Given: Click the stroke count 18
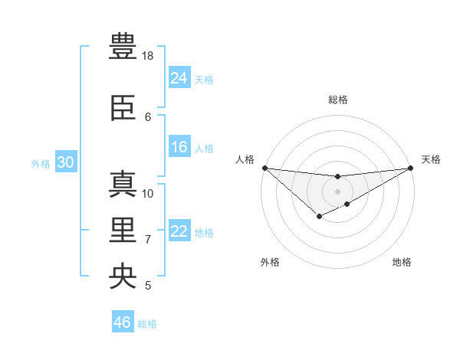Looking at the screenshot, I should pos(149,56).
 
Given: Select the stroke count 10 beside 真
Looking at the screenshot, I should pos(149,193).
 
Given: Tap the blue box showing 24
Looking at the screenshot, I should pos(179,78).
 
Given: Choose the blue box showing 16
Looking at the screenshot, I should pos(179,148).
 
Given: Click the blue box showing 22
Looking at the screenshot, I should pos(179,232).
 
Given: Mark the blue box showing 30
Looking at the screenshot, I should pos(65,162).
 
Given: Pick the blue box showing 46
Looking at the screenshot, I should pos(123,322).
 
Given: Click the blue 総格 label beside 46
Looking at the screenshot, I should pos(148,324).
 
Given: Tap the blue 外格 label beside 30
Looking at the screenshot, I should pos(41,164).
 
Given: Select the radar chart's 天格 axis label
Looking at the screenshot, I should pos(431,159).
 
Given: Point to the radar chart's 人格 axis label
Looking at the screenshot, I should pos(245,159).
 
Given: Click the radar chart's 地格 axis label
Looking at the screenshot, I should pos(402,262).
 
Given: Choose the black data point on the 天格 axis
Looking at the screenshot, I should pos(410,168).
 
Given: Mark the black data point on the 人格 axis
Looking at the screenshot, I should pos(264,168).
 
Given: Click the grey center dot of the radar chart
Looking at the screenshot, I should pos(337,191).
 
